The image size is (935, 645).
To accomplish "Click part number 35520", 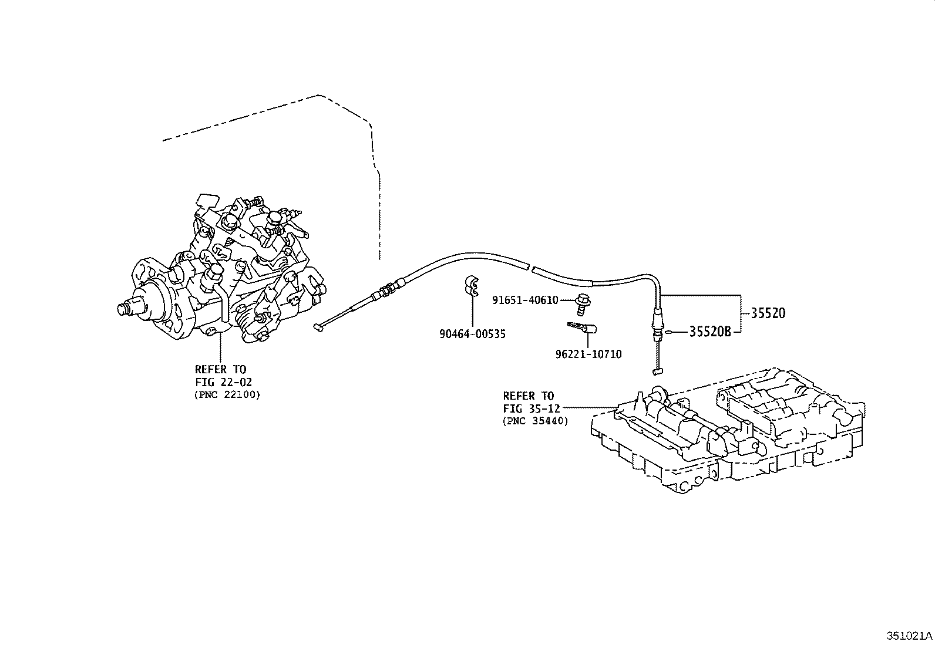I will pos(768,313).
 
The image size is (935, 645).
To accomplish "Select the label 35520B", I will pos(709,332).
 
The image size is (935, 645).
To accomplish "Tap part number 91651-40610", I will pos(525,300).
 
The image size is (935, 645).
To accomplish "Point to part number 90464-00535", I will pos(472,334).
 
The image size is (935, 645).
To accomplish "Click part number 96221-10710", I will pos(588,354).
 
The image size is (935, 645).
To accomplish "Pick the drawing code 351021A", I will pos(909,636).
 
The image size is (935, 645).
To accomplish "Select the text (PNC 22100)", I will pos(227,394).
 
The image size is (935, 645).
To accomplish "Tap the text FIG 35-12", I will pos(532,408).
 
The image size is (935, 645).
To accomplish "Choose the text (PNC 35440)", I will pos(535,421).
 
